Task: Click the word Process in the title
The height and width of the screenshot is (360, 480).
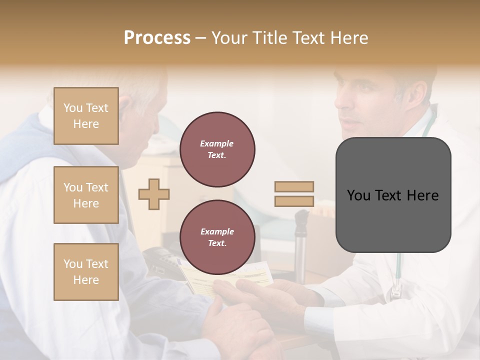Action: pyautogui.click(x=157, y=37)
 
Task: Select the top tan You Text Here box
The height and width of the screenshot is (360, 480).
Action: pyautogui.click(x=86, y=116)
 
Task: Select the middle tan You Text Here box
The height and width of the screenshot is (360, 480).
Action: pyautogui.click(x=86, y=195)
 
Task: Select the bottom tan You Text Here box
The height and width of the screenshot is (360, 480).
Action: pyautogui.click(x=86, y=272)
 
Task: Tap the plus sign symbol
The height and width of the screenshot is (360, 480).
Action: pyautogui.click(x=154, y=194)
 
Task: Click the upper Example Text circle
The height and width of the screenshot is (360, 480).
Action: pyautogui.click(x=217, y=149)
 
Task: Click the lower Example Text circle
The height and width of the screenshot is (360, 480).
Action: pyautogui.click(x=217, y=237)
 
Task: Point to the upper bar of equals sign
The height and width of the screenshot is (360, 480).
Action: pyautogui.click(x=294, y=186)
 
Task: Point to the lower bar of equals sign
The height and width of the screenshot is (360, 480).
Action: pyautogui.click(x=294, y=201)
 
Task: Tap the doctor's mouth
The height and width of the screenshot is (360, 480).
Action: pyautogui.click(x=350, y=122)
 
